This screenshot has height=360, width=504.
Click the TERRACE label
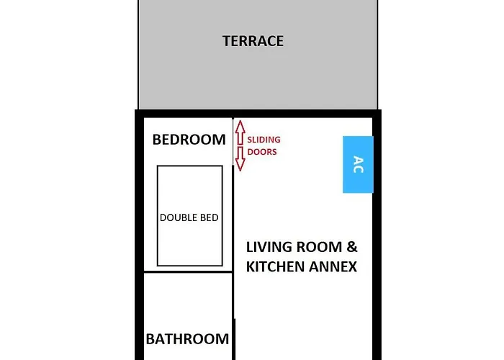click(x=253, y=41)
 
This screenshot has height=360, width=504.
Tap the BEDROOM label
click(x=189, y=140)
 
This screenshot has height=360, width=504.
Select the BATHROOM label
click(x=187, y=338)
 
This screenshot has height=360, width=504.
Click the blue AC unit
click(x=358, y=164)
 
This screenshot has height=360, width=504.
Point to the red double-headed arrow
click(x=240, y=146)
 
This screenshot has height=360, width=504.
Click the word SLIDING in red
click(x=264, y=140)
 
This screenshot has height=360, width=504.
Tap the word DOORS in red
click(x=262, y=152)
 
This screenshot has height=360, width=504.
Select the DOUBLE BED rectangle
click(x=189, y=216)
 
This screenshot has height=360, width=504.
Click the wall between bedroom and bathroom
click(x=187, y=272)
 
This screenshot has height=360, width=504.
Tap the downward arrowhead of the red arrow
click(x=240, y=166)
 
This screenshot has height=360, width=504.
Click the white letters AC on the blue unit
click(x=358, y=164)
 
